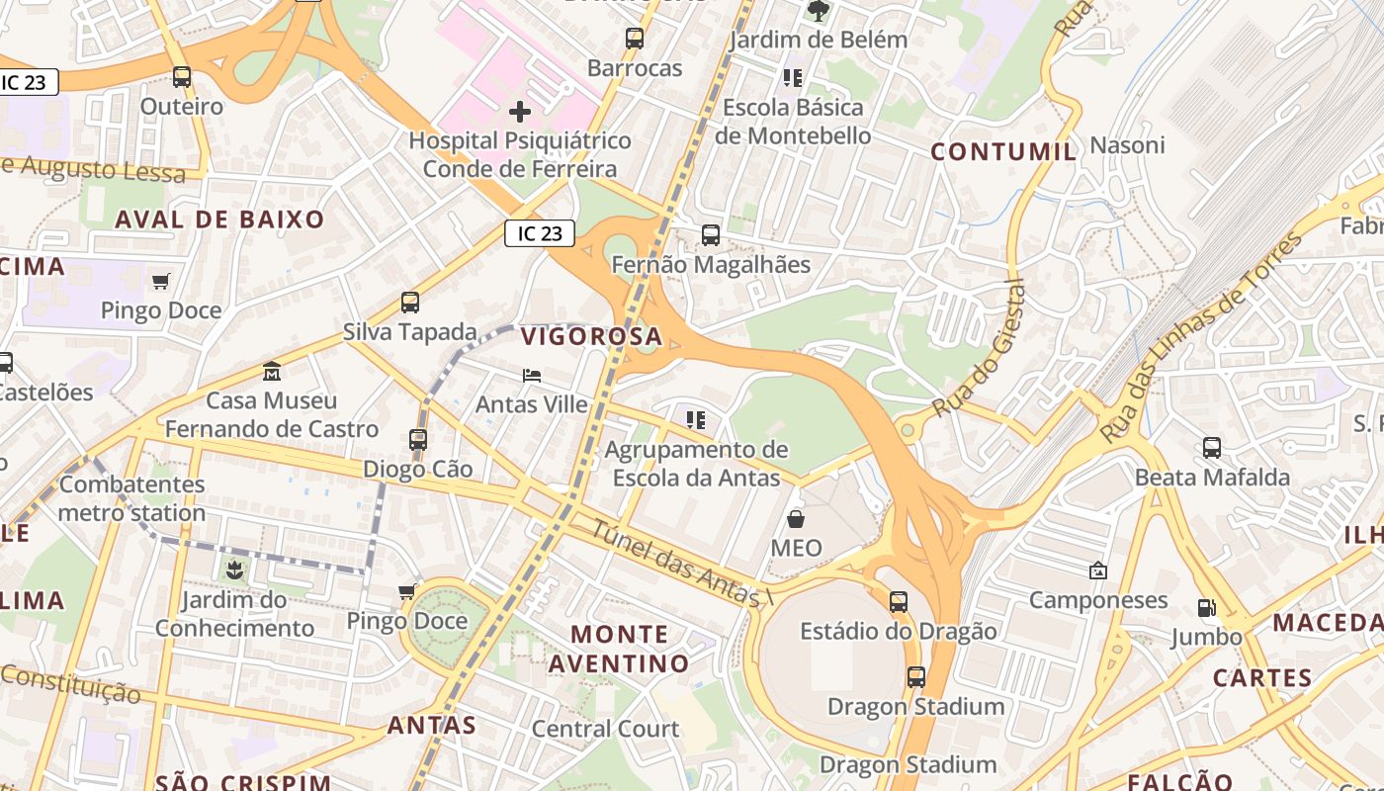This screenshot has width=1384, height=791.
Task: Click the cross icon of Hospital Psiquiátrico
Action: click(520, 112)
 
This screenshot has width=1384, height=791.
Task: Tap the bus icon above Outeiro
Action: click(182, 76)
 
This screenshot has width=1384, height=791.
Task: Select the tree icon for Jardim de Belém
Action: click(819, 11)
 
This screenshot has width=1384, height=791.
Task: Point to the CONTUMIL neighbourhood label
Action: click(1004, 151)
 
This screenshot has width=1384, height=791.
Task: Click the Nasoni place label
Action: click(1127, 145)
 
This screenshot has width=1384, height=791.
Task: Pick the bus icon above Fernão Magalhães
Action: click(711, 235)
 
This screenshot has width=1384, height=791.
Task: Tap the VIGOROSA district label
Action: click(591, 336)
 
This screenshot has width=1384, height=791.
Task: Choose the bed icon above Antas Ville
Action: click(532, 376)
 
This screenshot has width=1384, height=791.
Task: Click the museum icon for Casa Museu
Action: click(272, 372)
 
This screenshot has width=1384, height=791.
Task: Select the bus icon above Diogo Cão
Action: click(418, 439)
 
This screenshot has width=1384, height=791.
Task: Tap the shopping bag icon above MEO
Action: click(796, 518)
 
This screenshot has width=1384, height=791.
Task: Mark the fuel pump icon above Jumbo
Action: click(1206, 607)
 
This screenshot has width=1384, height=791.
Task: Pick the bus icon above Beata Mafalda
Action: click(1212, 447)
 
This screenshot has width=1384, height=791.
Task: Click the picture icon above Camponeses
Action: click(1097, 571)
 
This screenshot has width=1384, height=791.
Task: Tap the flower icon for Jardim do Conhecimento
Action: click(234, 570)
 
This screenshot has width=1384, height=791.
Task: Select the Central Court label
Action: click(605, 729)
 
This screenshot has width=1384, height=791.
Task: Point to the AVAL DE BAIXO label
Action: click(219, 220)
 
